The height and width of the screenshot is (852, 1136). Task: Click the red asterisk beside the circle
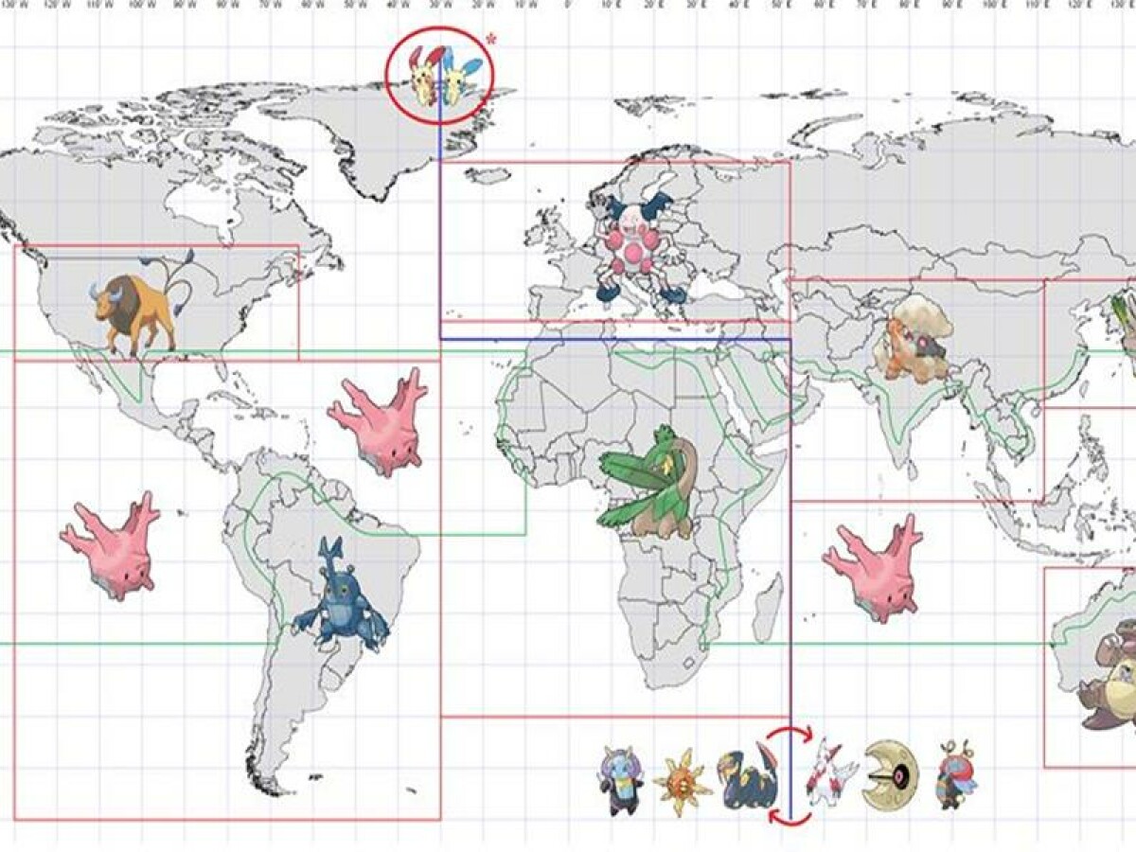point(490,40)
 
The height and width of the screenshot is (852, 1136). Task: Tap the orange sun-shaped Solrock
point(682,782)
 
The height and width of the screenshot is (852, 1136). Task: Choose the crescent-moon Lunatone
point(890,775)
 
